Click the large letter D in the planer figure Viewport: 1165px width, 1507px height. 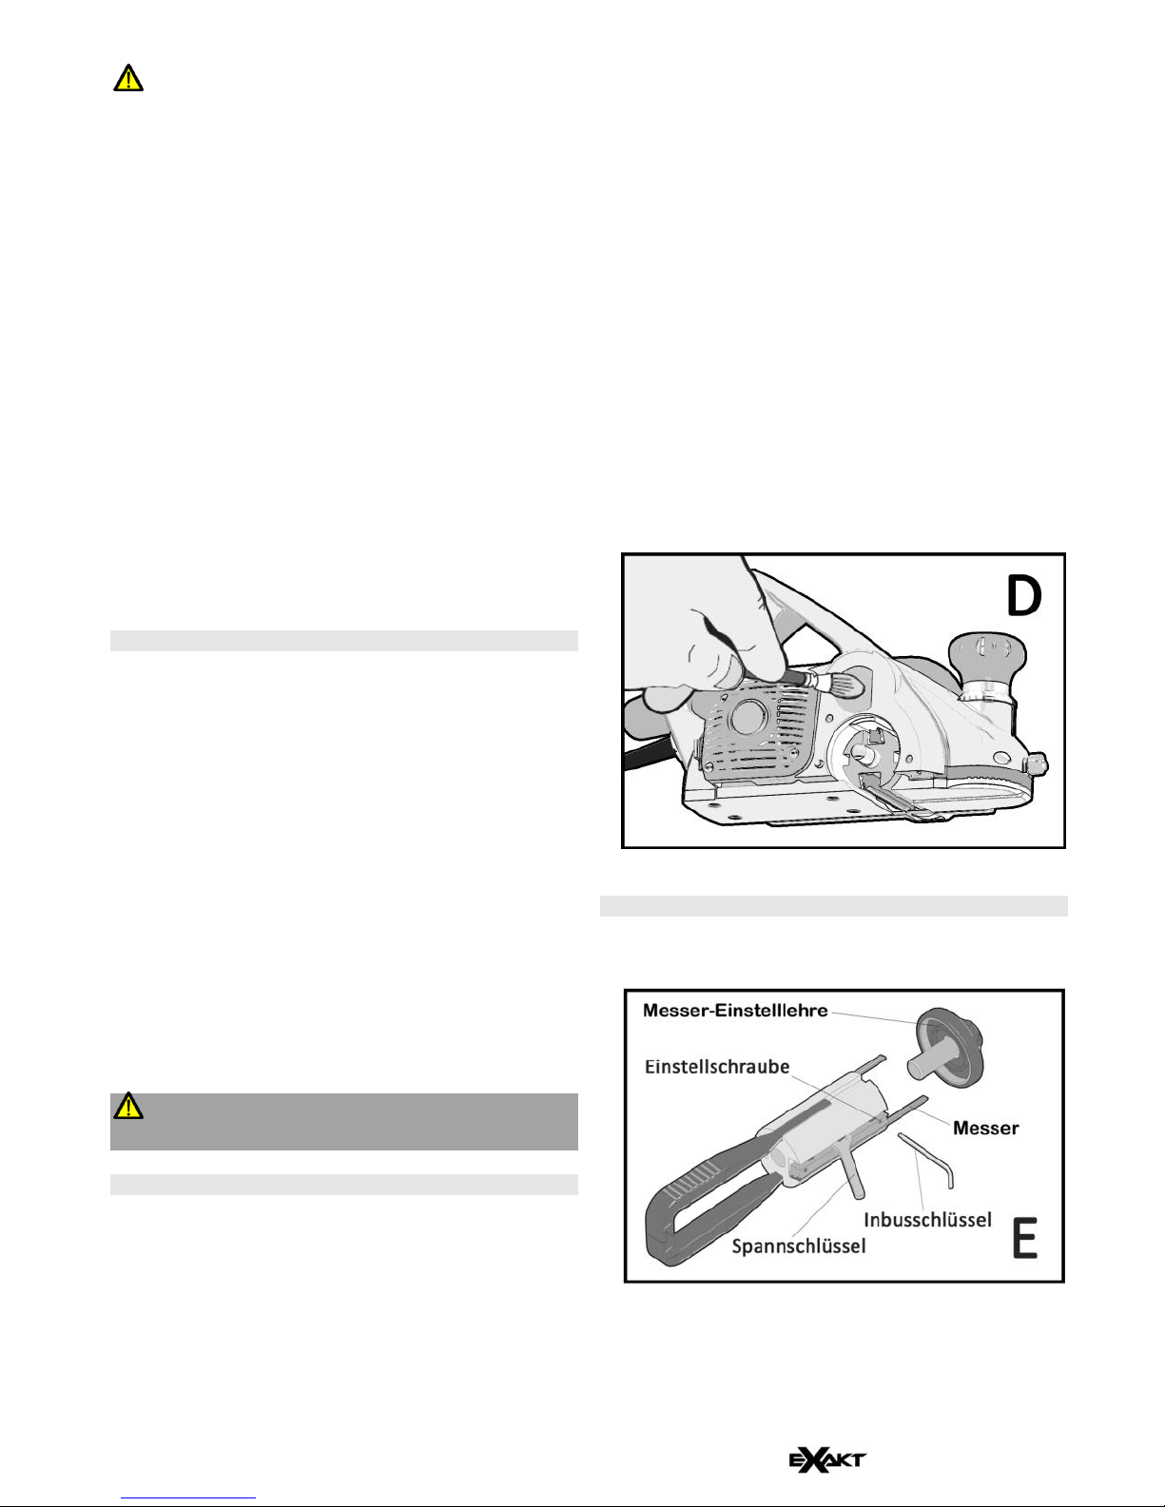[x=1024, y=597]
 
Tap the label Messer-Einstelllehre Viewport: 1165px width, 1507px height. [x=735, y=1011]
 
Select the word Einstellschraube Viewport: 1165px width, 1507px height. [x=717, y=1067]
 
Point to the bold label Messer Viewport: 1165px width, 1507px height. [x=985, y=1129]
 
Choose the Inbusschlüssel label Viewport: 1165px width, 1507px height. [x=927, y=1220]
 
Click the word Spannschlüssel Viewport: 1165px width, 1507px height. [x=799, y=1246]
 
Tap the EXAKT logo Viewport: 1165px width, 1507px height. [x=827, y=1459]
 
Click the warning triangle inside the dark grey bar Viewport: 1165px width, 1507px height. [x=128, y=1106]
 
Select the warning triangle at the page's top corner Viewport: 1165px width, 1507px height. [x=128, y=78]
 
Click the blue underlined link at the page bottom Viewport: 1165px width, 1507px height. [x=188, y=1497]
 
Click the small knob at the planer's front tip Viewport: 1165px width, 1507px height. [x=1038, y=765]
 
